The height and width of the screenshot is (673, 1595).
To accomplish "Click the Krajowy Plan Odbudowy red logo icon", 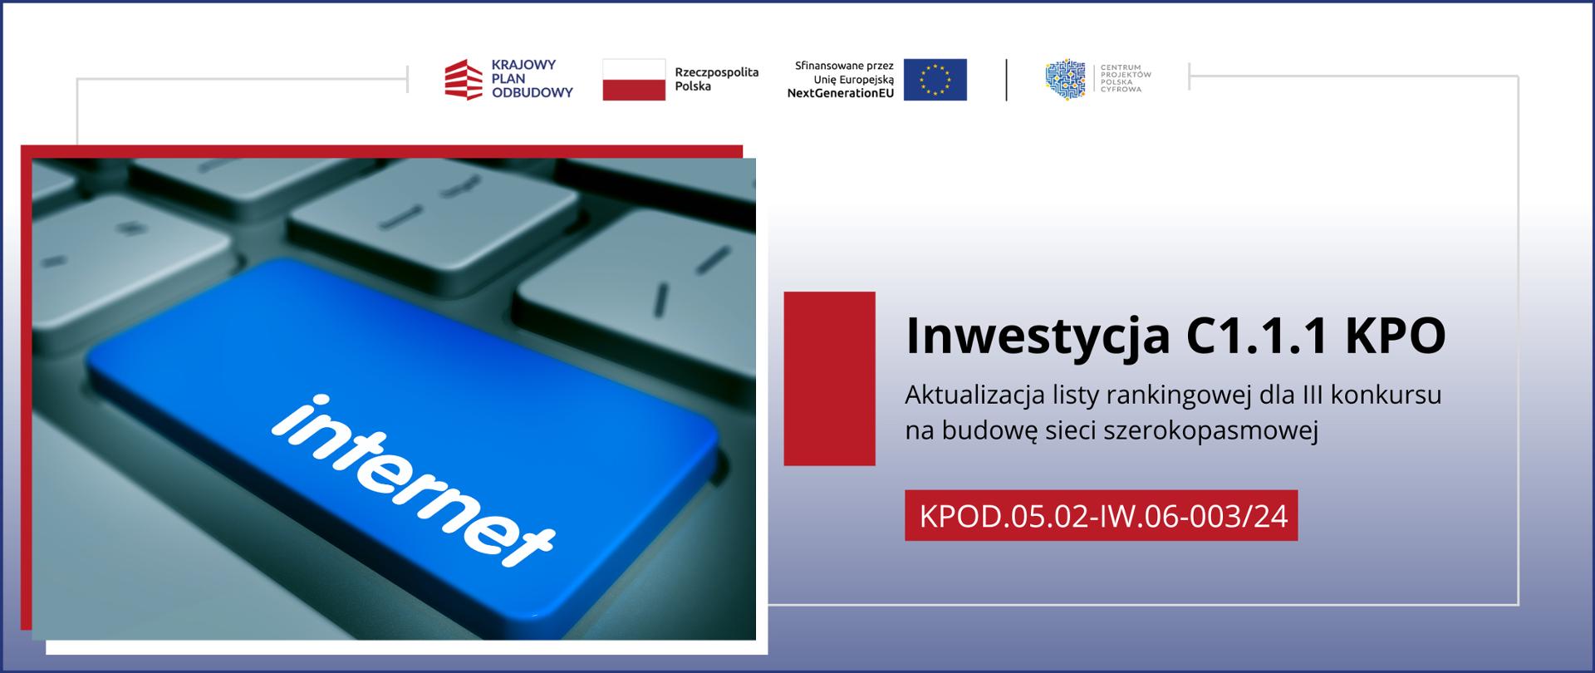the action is (464, 80).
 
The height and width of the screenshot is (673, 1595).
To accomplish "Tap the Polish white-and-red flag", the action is (634, 80).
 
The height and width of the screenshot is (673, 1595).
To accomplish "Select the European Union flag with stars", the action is (935, 80).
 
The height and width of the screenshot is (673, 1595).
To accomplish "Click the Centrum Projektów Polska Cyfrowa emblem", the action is (1066, 80).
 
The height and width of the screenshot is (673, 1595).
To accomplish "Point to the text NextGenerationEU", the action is (841, 94).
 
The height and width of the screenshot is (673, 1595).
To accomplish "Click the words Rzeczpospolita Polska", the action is (716, 79).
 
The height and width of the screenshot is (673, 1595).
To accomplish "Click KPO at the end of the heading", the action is (1396, 335).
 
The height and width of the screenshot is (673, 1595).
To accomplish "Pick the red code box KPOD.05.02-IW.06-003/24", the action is (1102, 515).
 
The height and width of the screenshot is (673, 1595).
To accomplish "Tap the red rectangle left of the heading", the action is (829, 378).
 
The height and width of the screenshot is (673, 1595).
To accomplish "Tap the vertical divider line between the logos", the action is (1007, 80).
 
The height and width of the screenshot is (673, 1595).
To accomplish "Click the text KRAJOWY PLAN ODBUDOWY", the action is (532, 79).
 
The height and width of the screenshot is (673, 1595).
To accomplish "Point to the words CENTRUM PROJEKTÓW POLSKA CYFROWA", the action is (1126, 78).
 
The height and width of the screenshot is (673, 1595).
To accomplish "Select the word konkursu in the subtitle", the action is (1386, 395).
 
